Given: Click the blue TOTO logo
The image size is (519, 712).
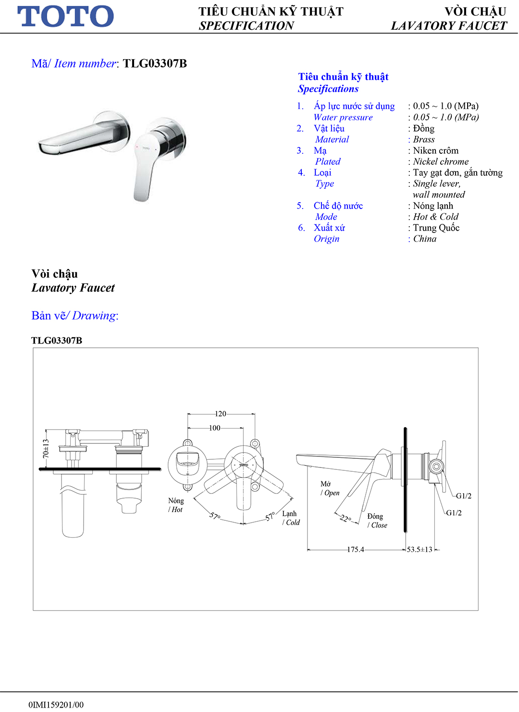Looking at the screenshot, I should [x=66, y=16].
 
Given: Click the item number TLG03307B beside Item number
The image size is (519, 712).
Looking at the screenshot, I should [x=155, y=63].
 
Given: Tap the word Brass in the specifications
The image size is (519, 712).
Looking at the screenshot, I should [x=424, y=139].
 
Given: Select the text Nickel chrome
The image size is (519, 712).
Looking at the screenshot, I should [x=441, y=161].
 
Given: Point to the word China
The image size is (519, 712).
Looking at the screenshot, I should [x=425, y=239].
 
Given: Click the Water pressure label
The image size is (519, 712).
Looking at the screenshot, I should [x=343, y=117].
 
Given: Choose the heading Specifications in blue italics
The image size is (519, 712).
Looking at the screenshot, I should [x=328, y=89].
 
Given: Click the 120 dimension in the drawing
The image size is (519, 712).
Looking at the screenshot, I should [x=220, y=414].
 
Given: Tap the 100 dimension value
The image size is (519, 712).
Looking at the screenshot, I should [x=214, y=428].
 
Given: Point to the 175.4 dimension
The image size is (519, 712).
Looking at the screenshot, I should [x=356, y=550].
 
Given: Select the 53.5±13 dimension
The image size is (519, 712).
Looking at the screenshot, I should [x=420, y=550].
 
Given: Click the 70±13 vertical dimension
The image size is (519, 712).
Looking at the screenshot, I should [x=46, y=448].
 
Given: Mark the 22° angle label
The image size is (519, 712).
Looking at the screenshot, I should [x=346, y=518].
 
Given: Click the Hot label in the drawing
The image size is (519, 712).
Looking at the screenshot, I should [x=177, y=510].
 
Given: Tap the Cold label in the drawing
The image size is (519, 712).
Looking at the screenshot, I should [x=293, y=523].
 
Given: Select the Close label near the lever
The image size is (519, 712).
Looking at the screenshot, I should [x=379, y=525].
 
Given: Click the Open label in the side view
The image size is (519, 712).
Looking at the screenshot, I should [x=332, y=493].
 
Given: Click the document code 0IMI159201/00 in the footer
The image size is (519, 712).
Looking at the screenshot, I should [x=56, y=705].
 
